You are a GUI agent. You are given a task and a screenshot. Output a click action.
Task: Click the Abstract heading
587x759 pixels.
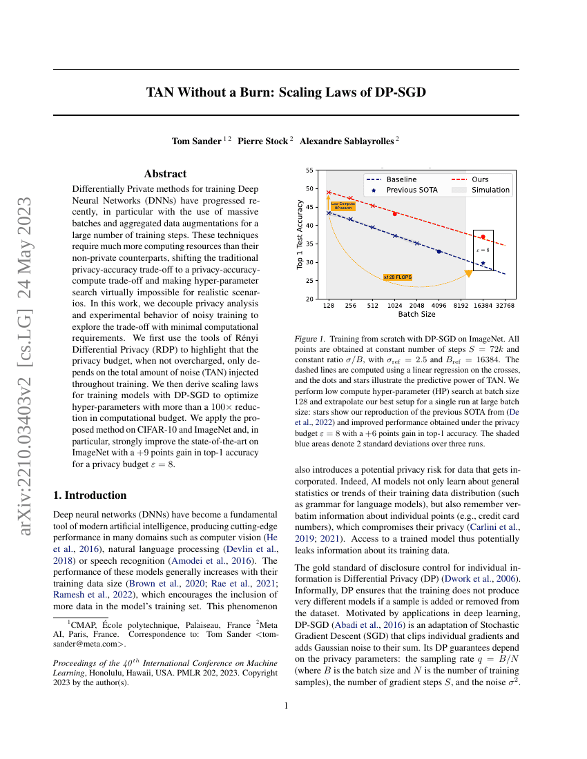[x=165, y=174]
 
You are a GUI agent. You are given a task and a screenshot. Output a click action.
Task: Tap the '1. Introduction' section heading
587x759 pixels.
[x=90, y=495]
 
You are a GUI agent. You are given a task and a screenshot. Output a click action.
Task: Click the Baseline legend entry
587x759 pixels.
[x=401, y=179]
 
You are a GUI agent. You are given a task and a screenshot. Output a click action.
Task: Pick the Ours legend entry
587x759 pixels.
[x=480, y=179]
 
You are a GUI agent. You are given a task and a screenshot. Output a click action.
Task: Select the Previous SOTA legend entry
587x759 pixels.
[x=412, y=190]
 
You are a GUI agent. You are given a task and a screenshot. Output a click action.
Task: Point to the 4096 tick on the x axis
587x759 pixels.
[x=439, y=306]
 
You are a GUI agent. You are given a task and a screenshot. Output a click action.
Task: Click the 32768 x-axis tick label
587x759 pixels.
[x=505, y=306]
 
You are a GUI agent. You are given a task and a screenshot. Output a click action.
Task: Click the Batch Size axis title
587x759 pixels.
[x=416, y=315]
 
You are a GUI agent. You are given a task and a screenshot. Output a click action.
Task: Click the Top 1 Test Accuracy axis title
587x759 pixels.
[x=300, y=235]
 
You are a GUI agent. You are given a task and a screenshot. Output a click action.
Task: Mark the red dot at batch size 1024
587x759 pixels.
[x=395, y=214]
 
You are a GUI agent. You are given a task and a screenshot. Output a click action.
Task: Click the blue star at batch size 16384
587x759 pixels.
[x=483, y=263]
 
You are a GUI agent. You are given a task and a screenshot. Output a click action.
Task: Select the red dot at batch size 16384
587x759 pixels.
[x=483, y=237]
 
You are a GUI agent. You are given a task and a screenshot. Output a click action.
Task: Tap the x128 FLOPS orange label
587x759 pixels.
[x=397, y=277]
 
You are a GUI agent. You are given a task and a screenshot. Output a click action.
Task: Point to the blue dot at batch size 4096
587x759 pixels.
[x=439, y=251]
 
